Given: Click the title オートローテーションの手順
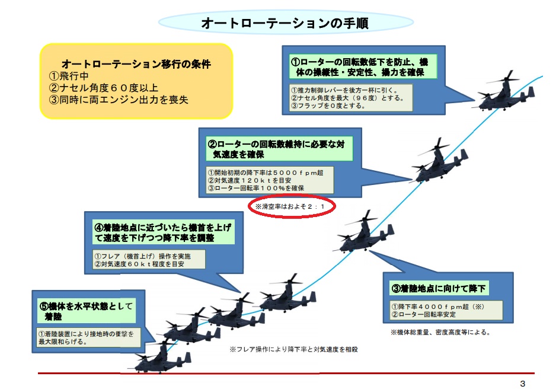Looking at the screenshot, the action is point(285,23).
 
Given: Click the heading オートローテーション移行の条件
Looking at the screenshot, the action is point(136,64).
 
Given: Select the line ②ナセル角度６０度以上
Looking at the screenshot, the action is point(104,88).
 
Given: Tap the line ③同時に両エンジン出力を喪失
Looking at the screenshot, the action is point(119,100).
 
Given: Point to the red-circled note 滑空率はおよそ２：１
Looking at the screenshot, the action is point(290,206).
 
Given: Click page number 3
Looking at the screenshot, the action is point(522,383).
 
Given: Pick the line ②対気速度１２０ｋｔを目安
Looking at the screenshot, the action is point(250,180).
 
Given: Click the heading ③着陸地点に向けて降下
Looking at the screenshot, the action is point(438,289).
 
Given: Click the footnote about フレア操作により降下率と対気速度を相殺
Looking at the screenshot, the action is point(293,349).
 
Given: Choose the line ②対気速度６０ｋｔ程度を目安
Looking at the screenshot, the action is point(139,264).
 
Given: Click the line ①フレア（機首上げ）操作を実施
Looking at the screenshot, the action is point(142,256).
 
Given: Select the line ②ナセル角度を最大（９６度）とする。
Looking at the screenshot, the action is point(347,98).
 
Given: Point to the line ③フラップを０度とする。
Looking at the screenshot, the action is point(328,106).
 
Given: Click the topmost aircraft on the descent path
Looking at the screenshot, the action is point(505,91).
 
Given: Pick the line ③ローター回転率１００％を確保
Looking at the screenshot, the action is point(256,189).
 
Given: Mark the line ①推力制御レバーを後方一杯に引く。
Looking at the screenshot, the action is point(344,90).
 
